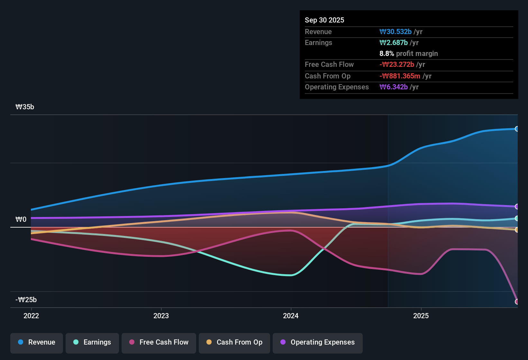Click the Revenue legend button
[x=37, y=342]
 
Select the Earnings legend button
[x=92, y=342]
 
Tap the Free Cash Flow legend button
[x=159, y=342]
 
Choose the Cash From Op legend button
[x=234, y=342]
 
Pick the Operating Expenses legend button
[x=318, y=342]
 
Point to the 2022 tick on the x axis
[x=31, y=316]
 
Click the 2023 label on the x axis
[x=161, y=316]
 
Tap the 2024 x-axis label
[x=291, y=316]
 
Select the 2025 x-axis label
[x=421, y=316]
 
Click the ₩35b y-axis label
[x=25, y=107]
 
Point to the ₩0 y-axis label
[x=21, y=220]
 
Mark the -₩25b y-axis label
[x=26, y=300]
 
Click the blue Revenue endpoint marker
[x=517, y=129]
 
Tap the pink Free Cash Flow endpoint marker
[x=517, y=301]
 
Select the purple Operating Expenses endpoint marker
[x=517, y=206]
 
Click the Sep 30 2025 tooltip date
[x=324, y=20]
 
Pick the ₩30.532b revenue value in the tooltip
[x=396, y=32]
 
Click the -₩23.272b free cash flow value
[x=397, y=65]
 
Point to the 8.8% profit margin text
[x=409, y=54]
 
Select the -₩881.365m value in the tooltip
[x=400, y=76]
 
